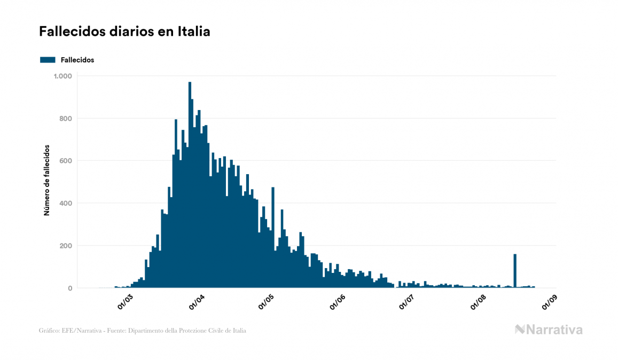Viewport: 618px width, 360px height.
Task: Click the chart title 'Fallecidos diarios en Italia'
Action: (124, 32)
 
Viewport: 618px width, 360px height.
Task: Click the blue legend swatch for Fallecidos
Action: (48, 60)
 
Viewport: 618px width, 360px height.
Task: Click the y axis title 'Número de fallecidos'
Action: (46, 180)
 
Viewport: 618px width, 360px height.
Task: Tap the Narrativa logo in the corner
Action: (549, 330)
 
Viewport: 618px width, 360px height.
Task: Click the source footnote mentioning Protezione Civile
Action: (143, 331)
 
